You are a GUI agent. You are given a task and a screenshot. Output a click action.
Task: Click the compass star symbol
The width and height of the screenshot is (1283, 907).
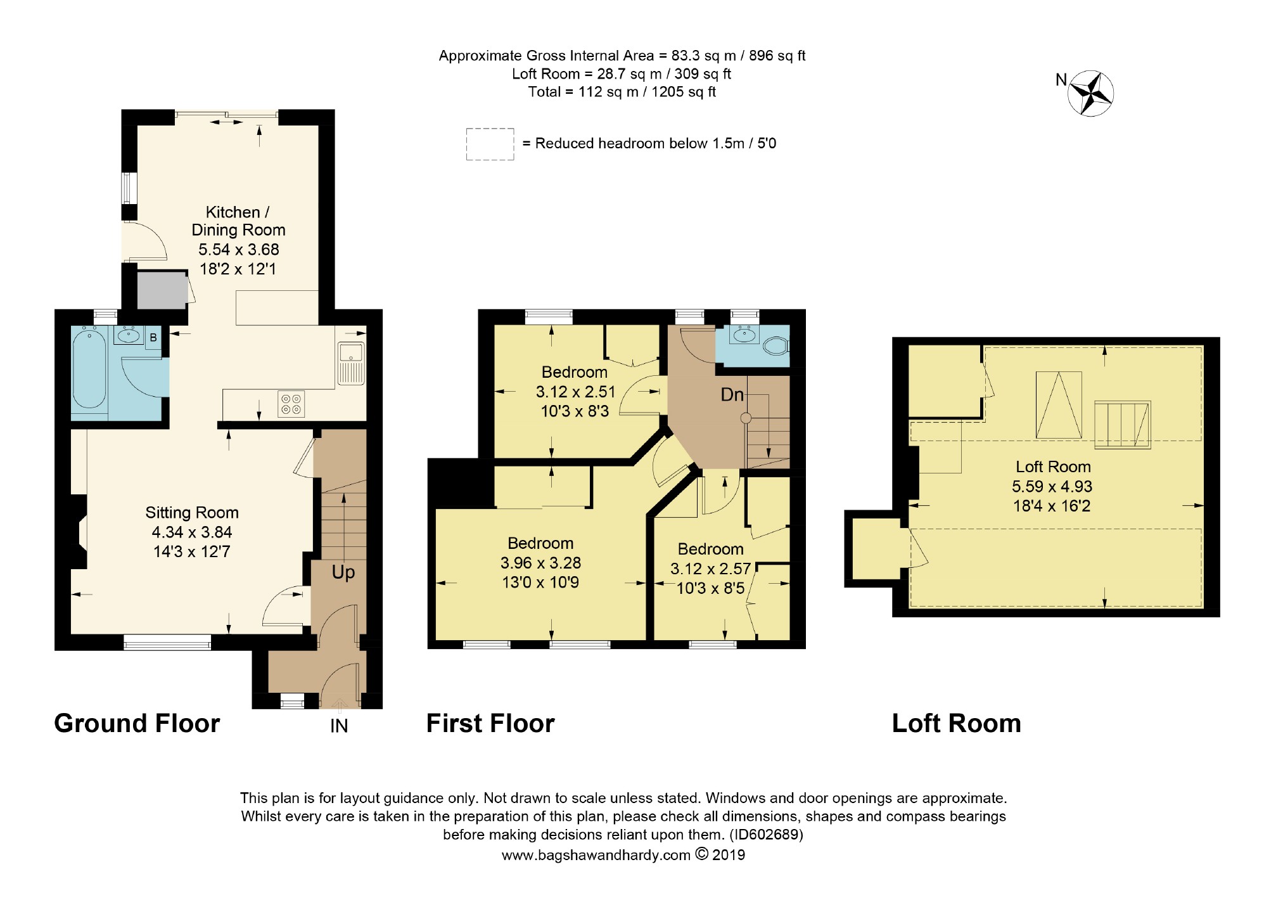click(1090, 94)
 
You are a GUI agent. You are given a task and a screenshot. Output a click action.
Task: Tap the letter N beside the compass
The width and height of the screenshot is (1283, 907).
click(1061, 80)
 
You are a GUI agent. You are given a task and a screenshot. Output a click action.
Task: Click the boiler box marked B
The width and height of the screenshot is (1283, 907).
click(153, 338)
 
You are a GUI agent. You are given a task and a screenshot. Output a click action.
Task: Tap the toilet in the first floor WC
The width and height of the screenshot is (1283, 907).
click(775, 346)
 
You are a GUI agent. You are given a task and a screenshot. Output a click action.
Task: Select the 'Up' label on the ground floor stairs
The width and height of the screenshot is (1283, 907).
click(343, 572)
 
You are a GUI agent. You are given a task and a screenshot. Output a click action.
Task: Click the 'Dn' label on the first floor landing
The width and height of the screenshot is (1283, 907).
click(732, 395)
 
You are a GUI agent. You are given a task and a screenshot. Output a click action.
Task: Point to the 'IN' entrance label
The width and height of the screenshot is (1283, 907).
click(339, 726)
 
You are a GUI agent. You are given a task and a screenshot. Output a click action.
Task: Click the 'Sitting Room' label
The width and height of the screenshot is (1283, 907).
click(192, 513)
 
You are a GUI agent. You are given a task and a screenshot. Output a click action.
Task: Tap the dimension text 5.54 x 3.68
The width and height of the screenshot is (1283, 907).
click(239, 249)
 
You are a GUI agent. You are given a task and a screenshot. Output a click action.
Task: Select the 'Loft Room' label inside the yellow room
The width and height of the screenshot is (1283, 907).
click(1053, 467)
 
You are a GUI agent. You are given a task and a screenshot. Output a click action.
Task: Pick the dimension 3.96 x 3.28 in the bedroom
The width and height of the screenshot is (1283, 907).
click(540, 563)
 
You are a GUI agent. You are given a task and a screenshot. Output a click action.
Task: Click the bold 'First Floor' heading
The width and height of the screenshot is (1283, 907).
click(490, 723)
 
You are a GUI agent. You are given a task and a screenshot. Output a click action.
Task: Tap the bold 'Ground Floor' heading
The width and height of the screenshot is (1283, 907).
click(137, 723)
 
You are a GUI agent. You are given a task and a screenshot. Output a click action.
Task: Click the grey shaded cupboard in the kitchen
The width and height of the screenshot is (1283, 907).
click(162, 291)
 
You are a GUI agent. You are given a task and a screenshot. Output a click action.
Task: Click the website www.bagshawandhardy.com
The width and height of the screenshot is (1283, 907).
click(596, 856)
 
